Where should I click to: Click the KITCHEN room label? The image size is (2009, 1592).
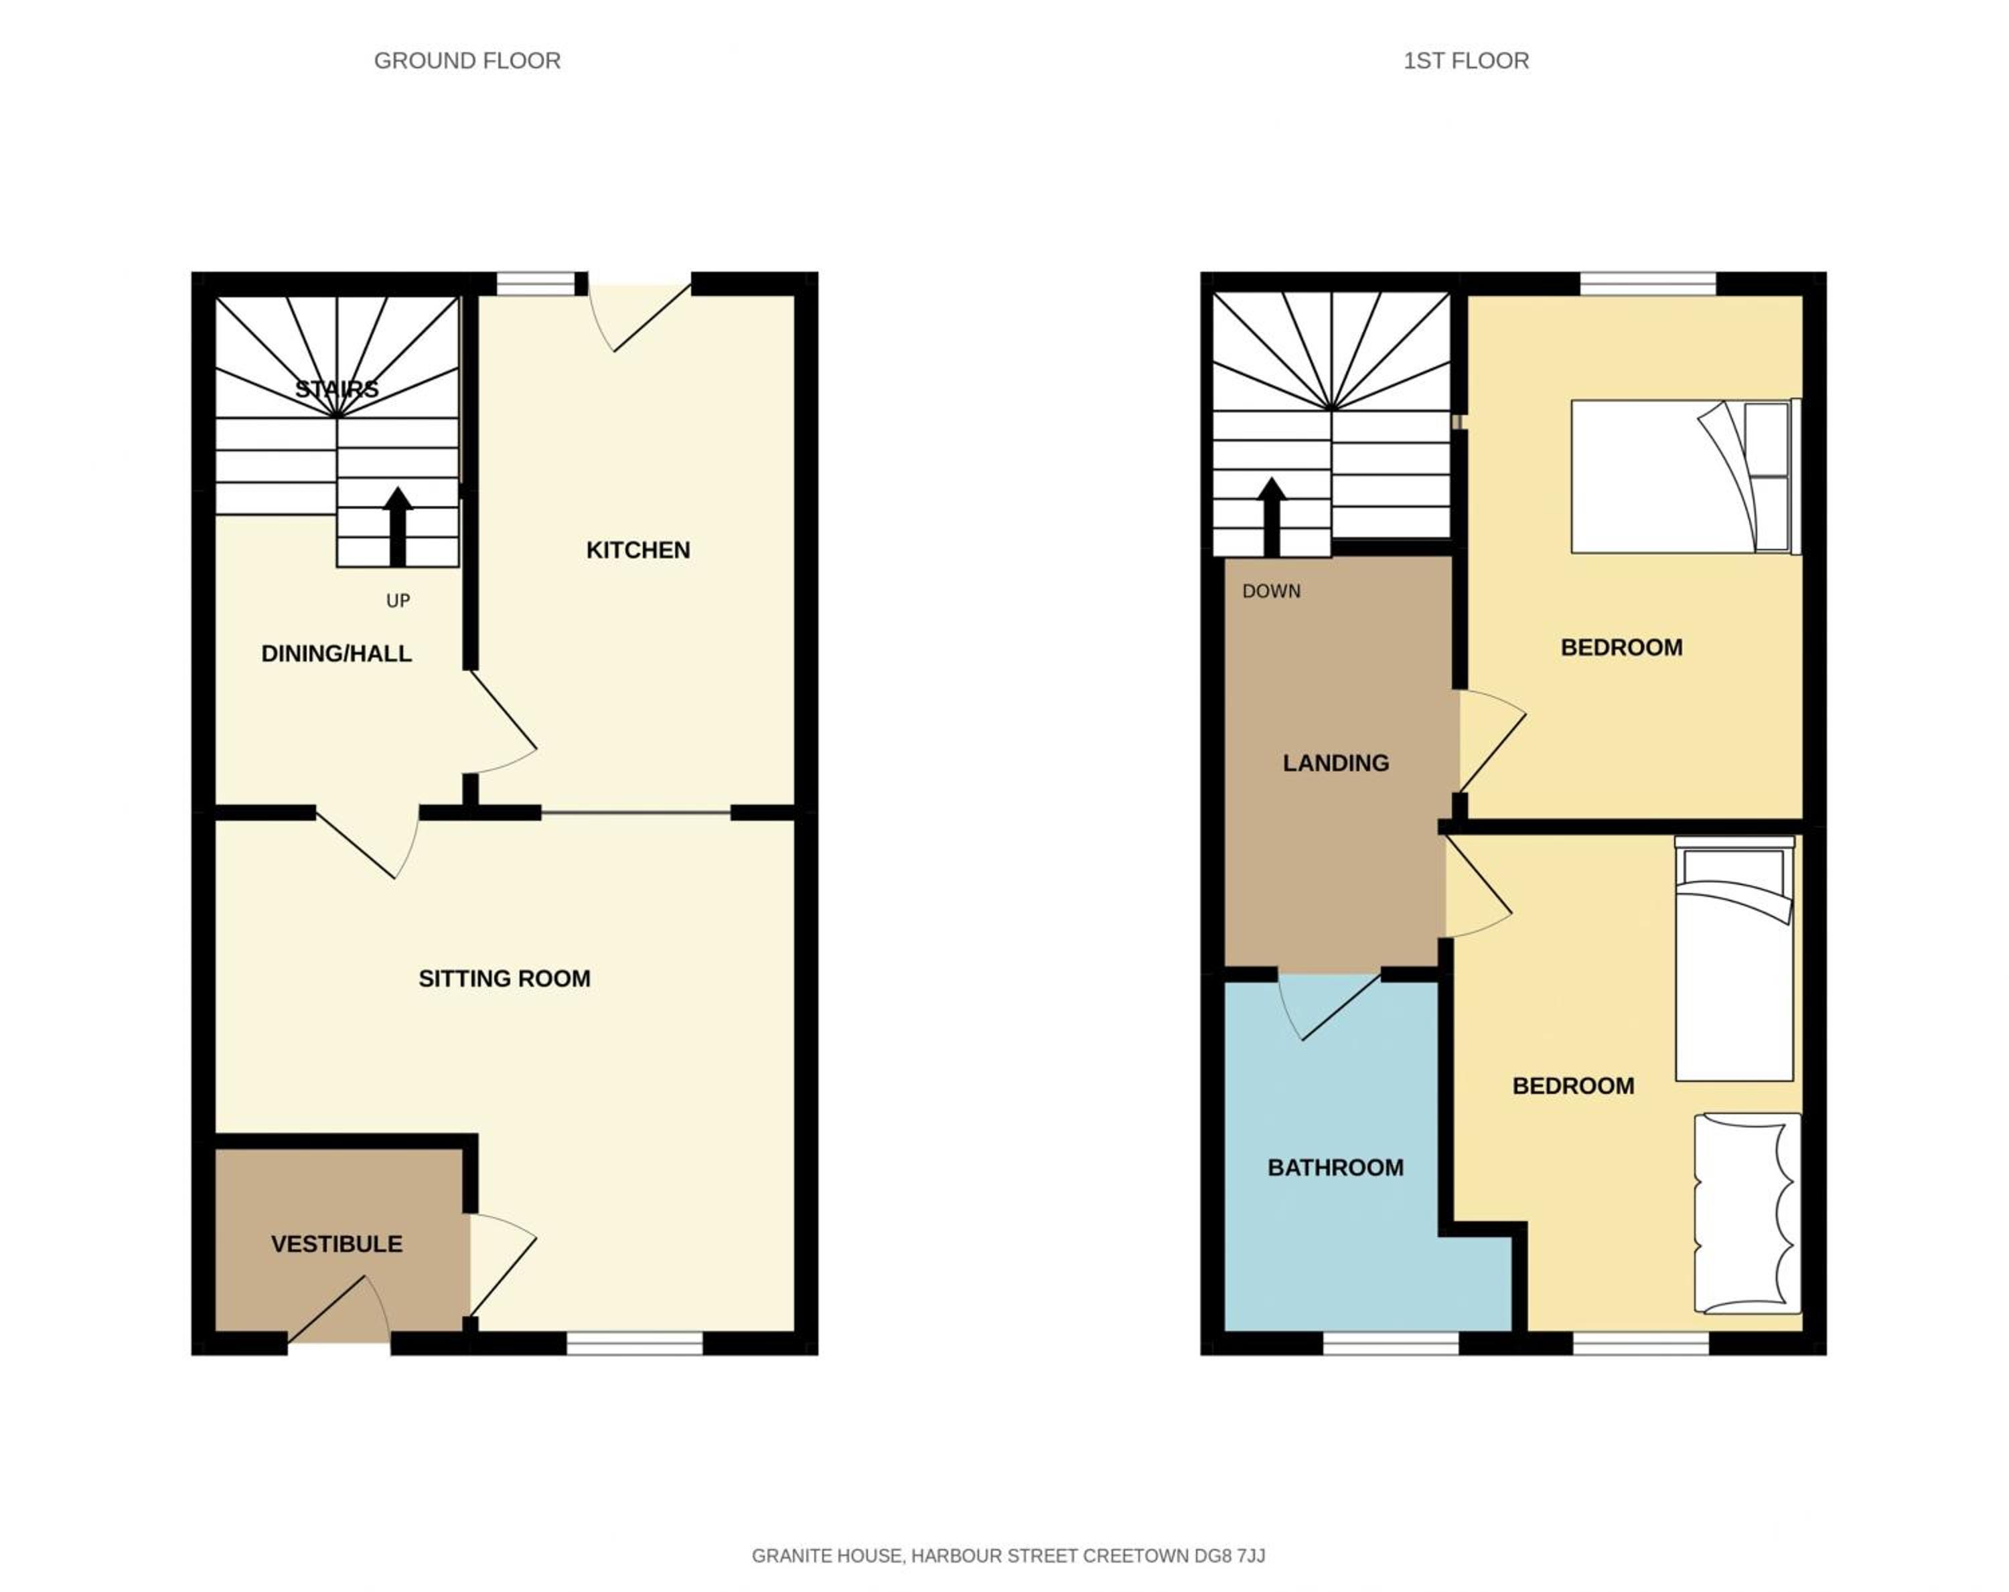(638, 550)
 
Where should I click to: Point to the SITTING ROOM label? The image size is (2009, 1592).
(504, 978)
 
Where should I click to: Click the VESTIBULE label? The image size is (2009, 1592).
(336, 1244)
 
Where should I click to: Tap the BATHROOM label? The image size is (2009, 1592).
(1335, 1167)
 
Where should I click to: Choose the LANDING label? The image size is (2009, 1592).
(1335, 763)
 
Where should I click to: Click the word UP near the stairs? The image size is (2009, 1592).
(398, 601)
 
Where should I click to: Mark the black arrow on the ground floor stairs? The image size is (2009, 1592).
(398, 526)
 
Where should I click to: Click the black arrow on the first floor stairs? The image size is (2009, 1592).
(1271, 517)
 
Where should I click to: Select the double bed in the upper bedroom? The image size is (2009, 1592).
(1686, 476)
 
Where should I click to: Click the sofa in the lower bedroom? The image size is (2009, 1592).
(1747, 1214)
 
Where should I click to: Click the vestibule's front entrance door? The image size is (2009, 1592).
(339, 1311)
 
